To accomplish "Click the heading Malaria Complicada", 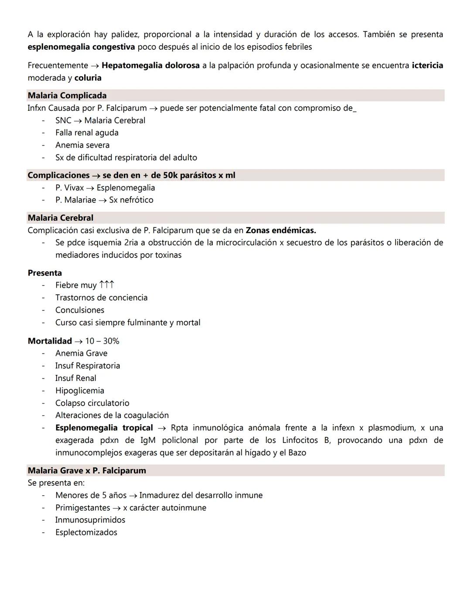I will click(67, 95).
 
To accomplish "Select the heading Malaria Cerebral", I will click(60, 218).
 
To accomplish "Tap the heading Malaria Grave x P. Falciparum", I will click(87, 470).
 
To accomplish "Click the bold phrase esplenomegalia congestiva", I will click(81, 47).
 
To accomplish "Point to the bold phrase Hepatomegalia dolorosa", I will click(150, 65).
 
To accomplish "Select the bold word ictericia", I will click(427, 65).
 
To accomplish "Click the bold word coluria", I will click(88, 78).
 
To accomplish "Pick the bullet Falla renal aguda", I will click(87, 133).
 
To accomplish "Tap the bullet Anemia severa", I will click(82, 145).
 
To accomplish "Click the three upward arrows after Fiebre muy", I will click(107, 285).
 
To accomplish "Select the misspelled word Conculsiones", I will click(80, 310).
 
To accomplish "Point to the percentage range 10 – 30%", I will click(102, 341).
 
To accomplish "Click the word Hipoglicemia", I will click(80, 391).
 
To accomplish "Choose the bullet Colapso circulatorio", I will click(92, 403).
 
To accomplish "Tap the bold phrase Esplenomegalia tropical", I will click(104, 428).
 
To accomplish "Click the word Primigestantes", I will click(82, 507).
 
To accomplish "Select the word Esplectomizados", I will click(86, 532).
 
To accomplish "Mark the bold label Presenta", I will click(44, 273).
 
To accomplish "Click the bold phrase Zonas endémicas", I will click(281, 230).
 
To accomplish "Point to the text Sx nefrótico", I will click(131, 200).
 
